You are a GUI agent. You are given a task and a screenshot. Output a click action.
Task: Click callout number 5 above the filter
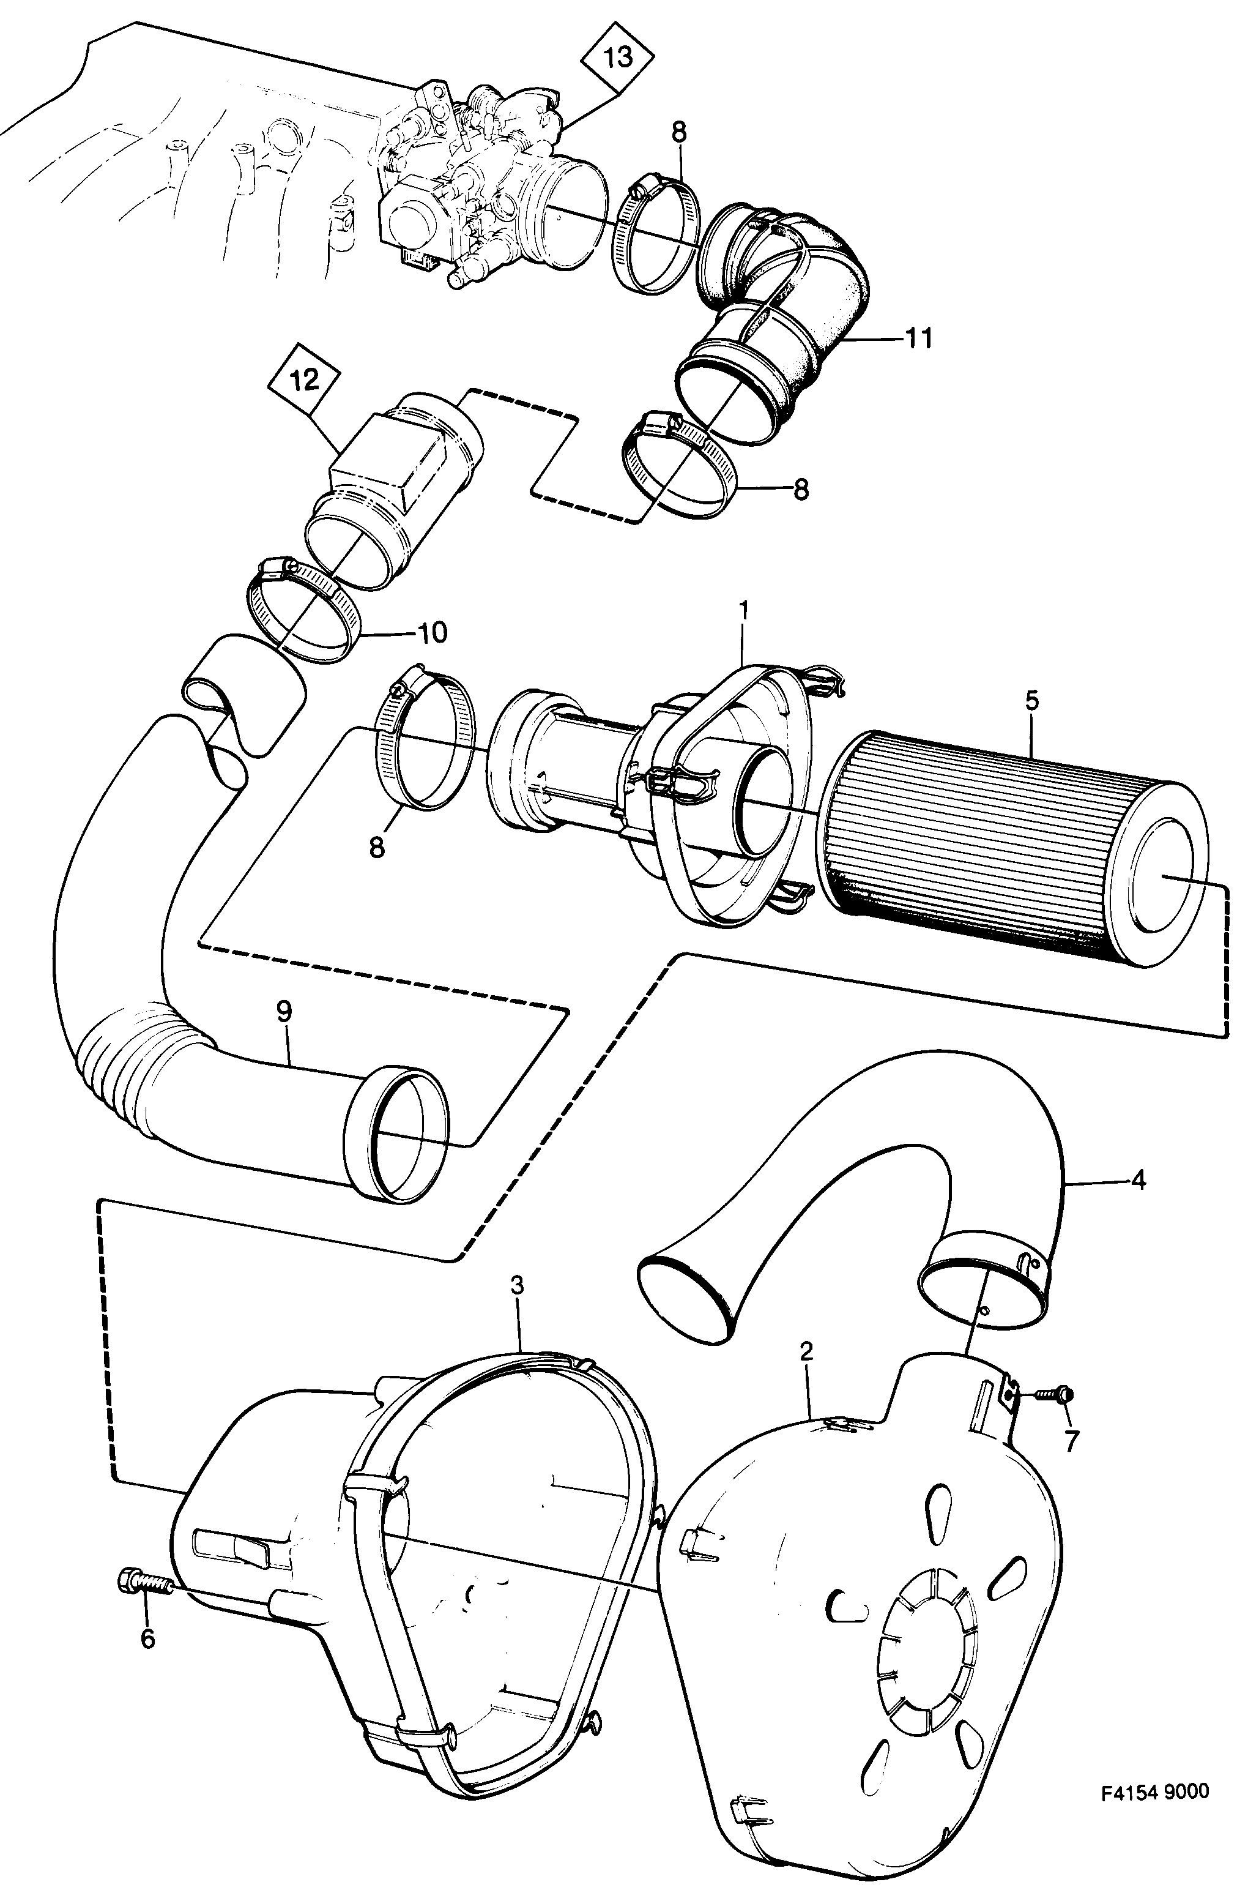[1032, 701]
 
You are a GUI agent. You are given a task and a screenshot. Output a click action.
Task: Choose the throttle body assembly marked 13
[470, 183]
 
